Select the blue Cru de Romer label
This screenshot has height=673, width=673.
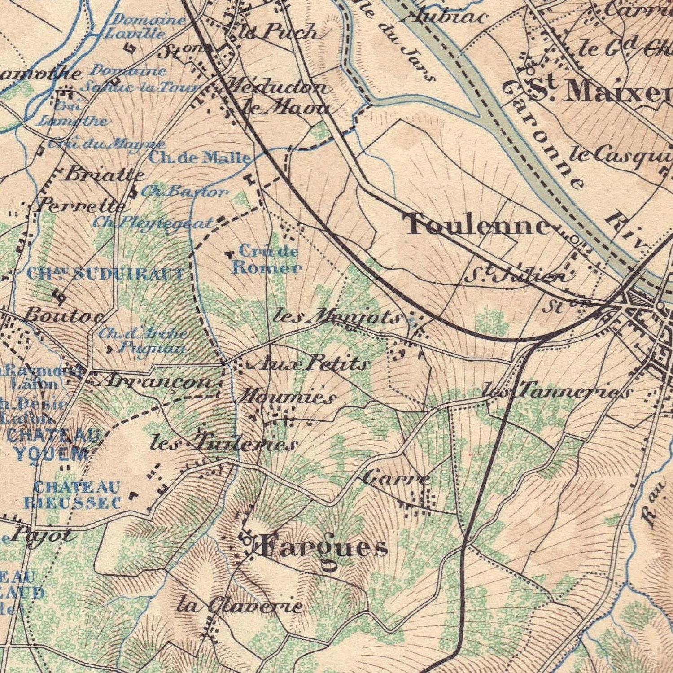[267, 260]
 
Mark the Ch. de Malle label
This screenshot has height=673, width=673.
[199, 157]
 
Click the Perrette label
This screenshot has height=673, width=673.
[81, 206]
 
